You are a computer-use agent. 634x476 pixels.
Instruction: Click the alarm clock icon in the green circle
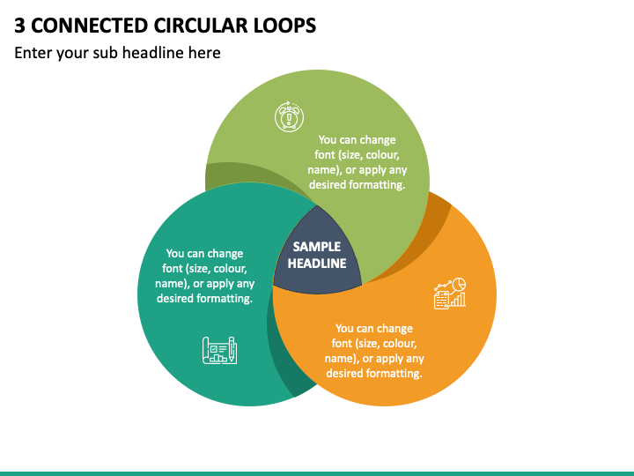[289, 116]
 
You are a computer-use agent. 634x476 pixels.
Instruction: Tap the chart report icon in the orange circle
[450, 294]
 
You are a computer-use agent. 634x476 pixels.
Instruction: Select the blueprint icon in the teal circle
[219, 350]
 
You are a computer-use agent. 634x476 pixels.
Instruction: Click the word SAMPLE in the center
[317, 247]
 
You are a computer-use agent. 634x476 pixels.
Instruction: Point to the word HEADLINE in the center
[317, 264]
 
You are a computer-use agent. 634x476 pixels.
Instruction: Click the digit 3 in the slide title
[19, 26]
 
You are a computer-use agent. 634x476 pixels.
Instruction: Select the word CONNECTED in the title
[89, 26]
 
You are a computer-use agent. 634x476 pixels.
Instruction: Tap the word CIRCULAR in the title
[201, 26]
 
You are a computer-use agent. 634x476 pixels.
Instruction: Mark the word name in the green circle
[323, 170]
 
